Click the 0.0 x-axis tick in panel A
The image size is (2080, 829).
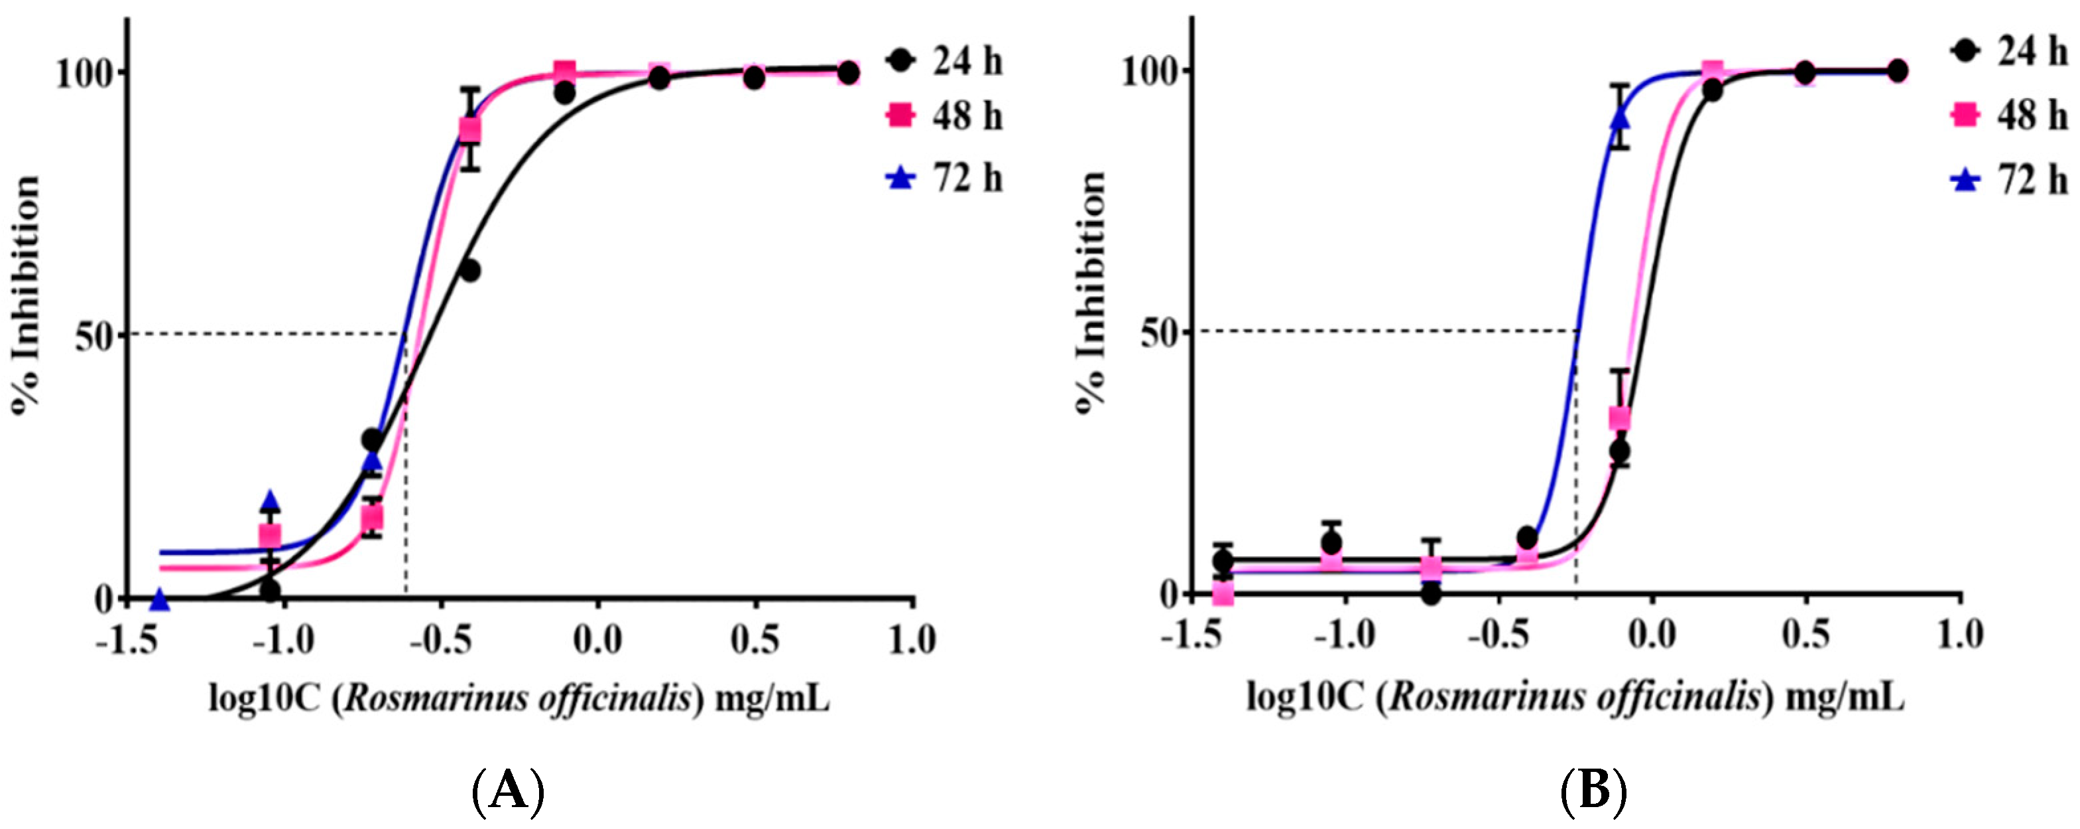[x=597, y=641]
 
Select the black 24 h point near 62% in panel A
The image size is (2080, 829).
[x=469, y=271]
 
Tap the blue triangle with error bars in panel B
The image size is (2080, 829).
[x=1620, y=119]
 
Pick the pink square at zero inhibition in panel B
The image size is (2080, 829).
[x=1223, y=595]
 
